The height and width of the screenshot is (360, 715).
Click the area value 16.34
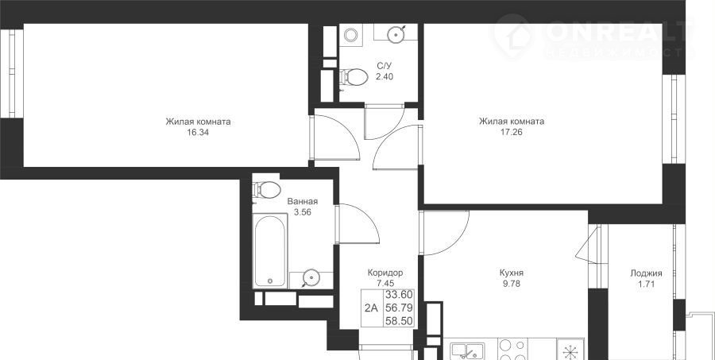pyautogui.click(x=198, y=133)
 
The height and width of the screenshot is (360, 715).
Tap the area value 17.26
pyautogui.click(x=511, y=133)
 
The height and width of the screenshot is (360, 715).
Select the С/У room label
pyautogui.click(x=384, y=66)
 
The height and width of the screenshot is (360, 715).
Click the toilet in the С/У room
pyautogui.click(x=354, y=76)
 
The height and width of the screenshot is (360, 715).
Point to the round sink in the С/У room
pyautogui.click(x=396, y=33)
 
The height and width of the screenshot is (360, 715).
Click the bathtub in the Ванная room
pyautogui.click(x=270, y=251)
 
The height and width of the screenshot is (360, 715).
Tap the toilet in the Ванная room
pyautogui.click(x=267, y=190)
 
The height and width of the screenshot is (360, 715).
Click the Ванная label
pyautogui.click(x=303, y=202)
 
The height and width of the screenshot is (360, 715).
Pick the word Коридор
pyautogui.click(x=385, y=273)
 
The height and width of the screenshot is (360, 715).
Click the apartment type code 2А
pyautogui.click(x=371, y=308)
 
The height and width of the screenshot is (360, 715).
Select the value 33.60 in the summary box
pyautogui.click(x=399, y=295)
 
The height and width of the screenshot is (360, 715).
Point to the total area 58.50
pyautogui.click(x=399, y=321)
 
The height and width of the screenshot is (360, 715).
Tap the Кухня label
pyautogui.click(x=511, y=273)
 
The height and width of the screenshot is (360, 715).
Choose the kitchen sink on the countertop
pyautogui.click(x=467, y=351)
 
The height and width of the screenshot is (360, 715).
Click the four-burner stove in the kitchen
pyautogui.click(x=513, y=350)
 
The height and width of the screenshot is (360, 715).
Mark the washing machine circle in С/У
pyautogui.click(x=350, y=35)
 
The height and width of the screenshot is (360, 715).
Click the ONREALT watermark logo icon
pyautogui.click(x=514, y=37)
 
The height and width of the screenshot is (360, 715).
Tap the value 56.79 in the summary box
pyautogui.click(x=399, y=308)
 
